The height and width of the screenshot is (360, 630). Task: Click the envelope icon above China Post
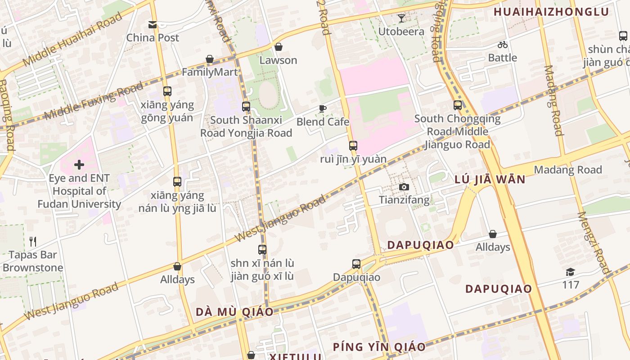153,24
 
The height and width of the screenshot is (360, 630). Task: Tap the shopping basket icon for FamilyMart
210,59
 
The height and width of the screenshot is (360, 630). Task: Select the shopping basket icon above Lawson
279,47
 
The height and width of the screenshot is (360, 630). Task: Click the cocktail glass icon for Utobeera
401,18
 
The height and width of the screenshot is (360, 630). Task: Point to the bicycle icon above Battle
503,45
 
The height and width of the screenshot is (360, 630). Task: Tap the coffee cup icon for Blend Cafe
323,108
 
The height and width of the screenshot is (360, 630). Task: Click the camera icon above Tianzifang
404,187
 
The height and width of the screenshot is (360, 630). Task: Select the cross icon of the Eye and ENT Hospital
79,165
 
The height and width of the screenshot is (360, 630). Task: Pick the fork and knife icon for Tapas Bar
33,242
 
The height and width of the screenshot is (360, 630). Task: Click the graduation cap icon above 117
571,272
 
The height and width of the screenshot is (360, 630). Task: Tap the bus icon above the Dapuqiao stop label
356,264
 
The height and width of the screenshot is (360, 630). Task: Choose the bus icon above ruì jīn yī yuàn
353,146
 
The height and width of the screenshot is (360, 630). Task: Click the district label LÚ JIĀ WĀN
490,180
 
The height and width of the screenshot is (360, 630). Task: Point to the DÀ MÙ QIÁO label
234,312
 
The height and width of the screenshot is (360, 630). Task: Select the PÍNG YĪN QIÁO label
379,347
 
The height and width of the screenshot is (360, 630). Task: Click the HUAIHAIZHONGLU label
551,12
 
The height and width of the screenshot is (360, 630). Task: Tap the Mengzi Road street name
594,243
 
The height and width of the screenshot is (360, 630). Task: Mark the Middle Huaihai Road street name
72,40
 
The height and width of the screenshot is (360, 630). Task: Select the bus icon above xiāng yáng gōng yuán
167,91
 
